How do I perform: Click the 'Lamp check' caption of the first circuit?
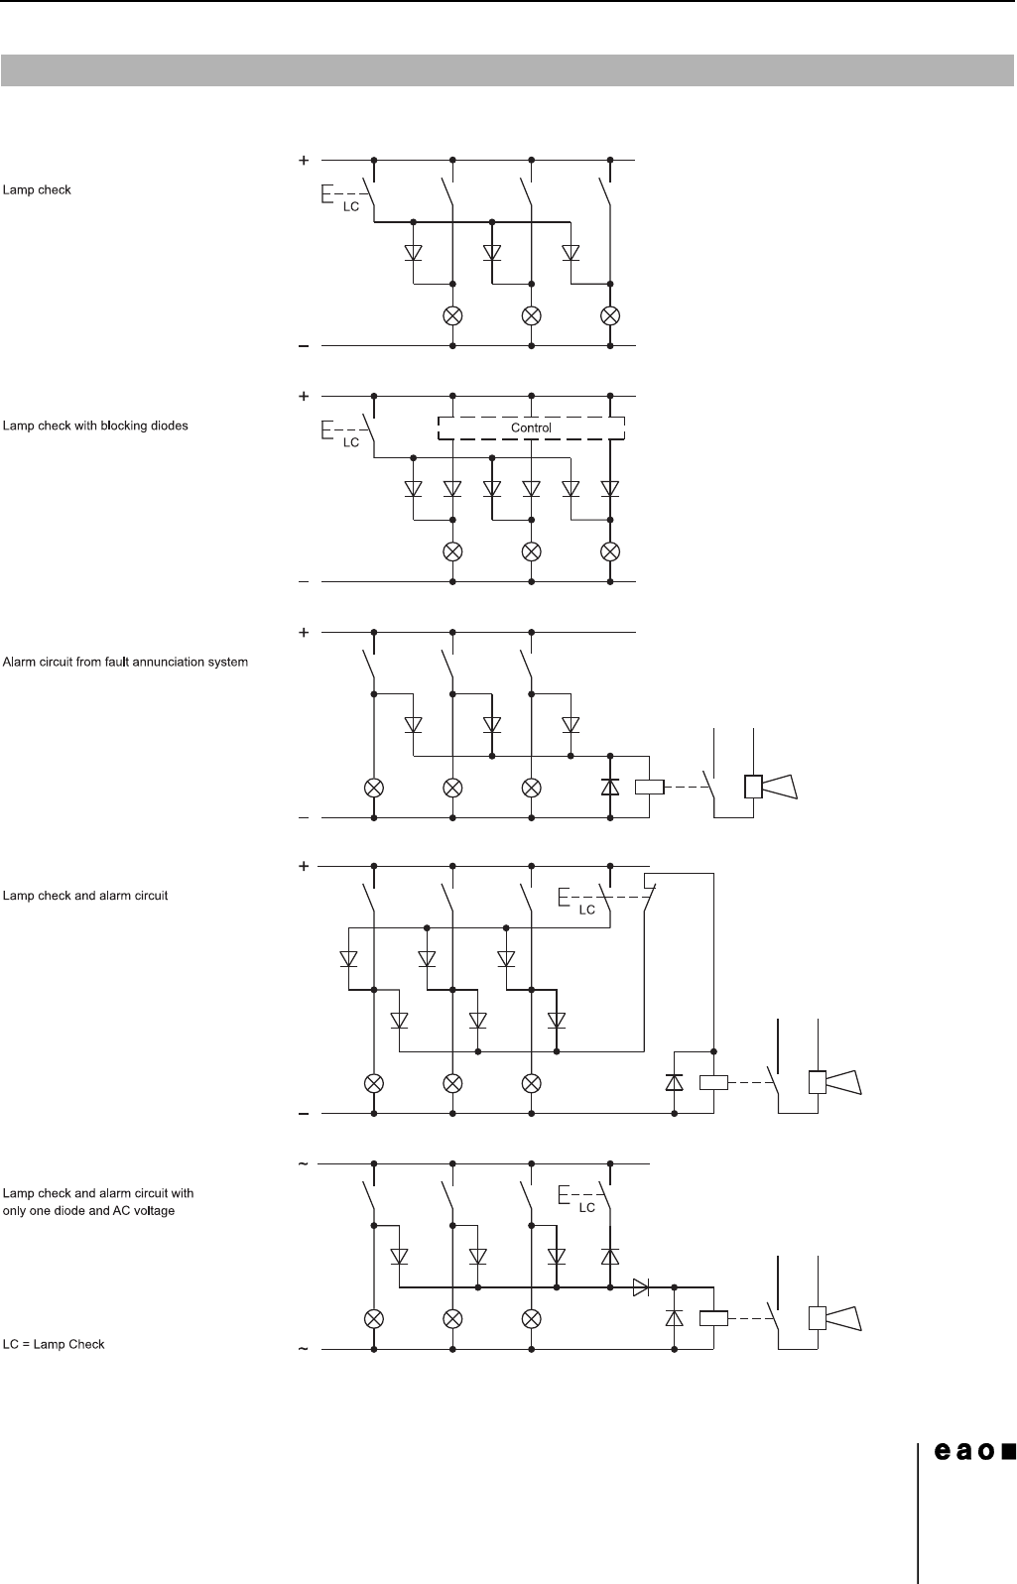pyautogui.click(x=38, y=189)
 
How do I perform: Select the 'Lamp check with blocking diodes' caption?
pyautogui.click(x=95, y=426)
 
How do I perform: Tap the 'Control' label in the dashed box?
pyautogui.click(x=531, y=427)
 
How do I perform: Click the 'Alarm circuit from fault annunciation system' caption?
pyautogui.click(x=126, y=662)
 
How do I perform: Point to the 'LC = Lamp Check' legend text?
pyautogui.click(x=54, y=1344)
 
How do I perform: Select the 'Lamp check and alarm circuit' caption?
pyautogui.click(x=85, y=896)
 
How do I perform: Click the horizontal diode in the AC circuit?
pyautogui.click(x=641, y=1288)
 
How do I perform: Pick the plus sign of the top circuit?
pyautogui.click(x=304, y=159)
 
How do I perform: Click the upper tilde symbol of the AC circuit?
pyautogui.click(x=304, y=1163)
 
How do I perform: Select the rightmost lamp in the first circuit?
pyautogui.click(x=611, y=315)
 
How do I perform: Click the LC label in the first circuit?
pyautogui.click(x=350, y=206)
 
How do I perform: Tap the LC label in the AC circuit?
pyautogui.click(x=587, y=1207)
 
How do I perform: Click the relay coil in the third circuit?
pyautogui.click(x=649, y=787)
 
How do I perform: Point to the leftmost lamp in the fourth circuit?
pyautogui.click(x=374, y=1081)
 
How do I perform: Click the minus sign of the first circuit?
pyautogui.click(x=304, y=346)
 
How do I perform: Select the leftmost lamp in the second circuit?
pyautogui.click(x=452, y=551)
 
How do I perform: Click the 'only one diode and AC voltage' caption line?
pyautogui.click(x=88, y=1211)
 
